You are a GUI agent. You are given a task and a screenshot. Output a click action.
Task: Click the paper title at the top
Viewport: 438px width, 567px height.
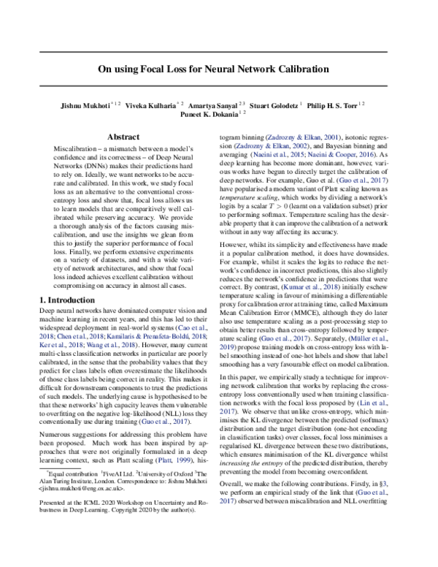[x=219, y=70]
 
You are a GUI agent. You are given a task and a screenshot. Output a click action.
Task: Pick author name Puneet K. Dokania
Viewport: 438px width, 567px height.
[x=212, y=115]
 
